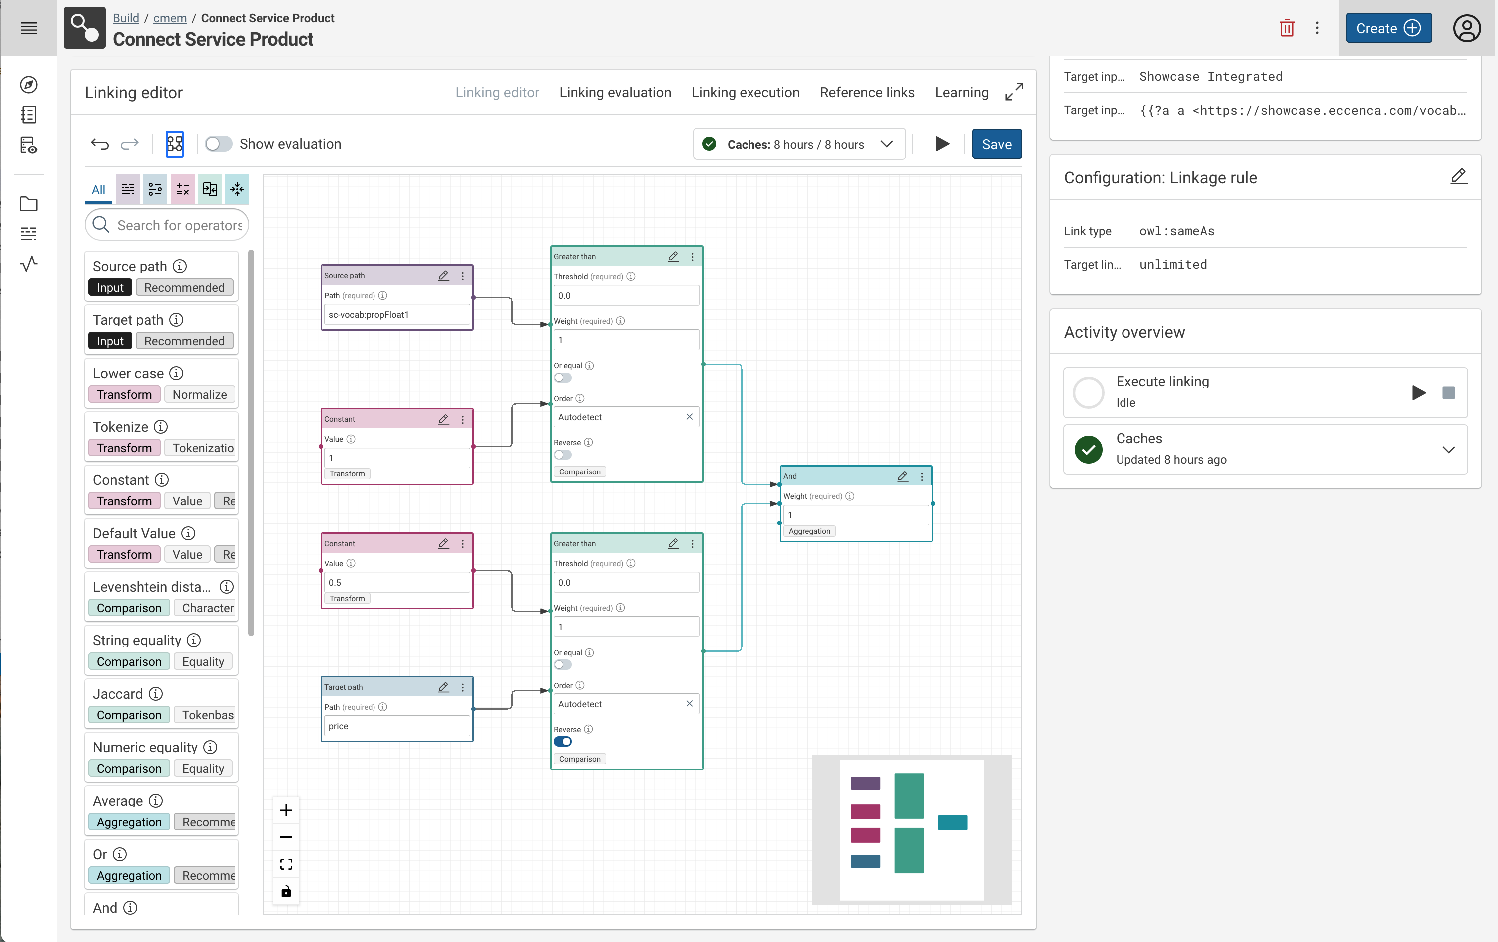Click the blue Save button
(996, 144)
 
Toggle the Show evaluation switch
(218, 144)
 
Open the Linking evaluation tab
(615, 93)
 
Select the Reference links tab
(866, 93)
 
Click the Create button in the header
(1388, 28)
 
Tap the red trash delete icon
(1286, 28)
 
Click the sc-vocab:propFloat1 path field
(396, 315)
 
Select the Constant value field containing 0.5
(396, 583)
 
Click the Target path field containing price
(396, 726)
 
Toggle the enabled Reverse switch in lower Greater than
(562, 742)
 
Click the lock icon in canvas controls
(286, 892)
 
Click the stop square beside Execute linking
(1448, 393)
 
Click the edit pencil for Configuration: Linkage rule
(1458, 177)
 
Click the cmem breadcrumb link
(170, 18)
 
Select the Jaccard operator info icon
(156, 694)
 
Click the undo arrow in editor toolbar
(99, 144)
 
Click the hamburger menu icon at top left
(28, 28)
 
